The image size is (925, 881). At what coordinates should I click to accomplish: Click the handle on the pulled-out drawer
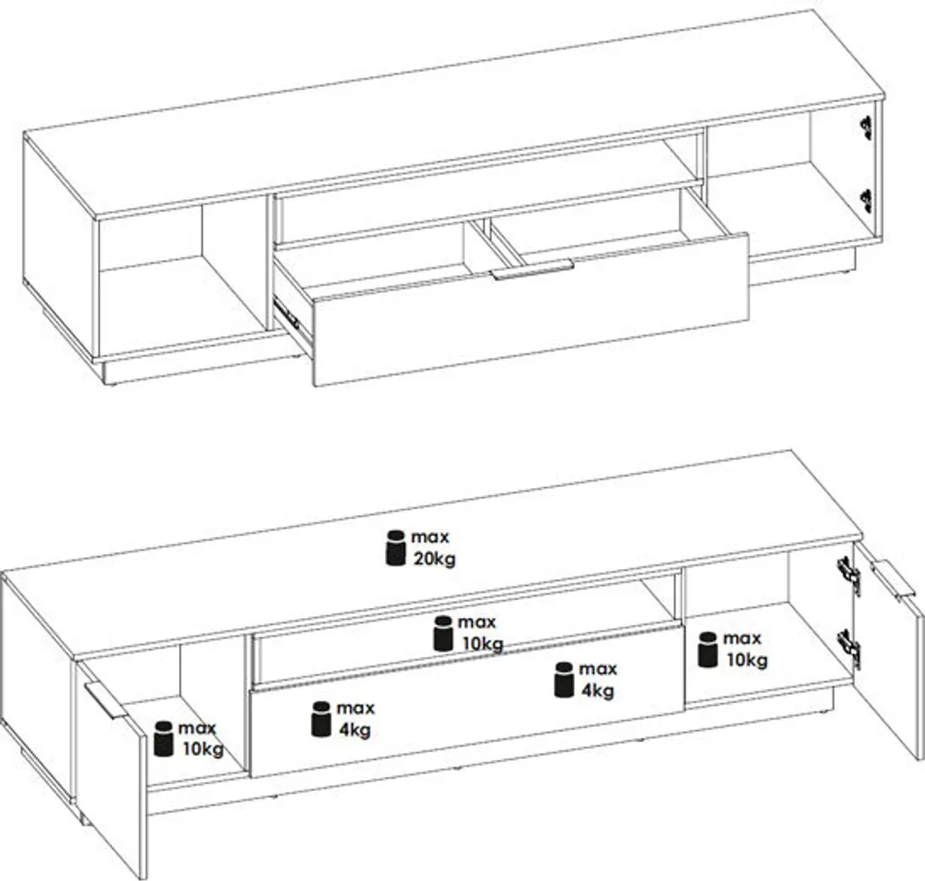tap(533, 271)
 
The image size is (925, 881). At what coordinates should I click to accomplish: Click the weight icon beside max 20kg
tap(395, 548)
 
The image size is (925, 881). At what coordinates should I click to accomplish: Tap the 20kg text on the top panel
tap(434, 558)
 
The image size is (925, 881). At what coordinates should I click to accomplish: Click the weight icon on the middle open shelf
tap(443, 633)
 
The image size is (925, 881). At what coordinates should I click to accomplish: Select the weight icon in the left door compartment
tap(164, 737)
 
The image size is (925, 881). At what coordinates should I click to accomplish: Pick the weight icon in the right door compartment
tap(708, 649)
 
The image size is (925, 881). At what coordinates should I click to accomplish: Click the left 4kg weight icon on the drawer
tap(321, 718)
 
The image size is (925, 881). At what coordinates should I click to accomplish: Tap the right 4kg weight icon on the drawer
tap(563, 679)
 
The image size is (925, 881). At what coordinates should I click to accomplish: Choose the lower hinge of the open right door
tap(848, 643)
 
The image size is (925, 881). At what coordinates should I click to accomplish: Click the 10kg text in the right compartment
tap(745, 661)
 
